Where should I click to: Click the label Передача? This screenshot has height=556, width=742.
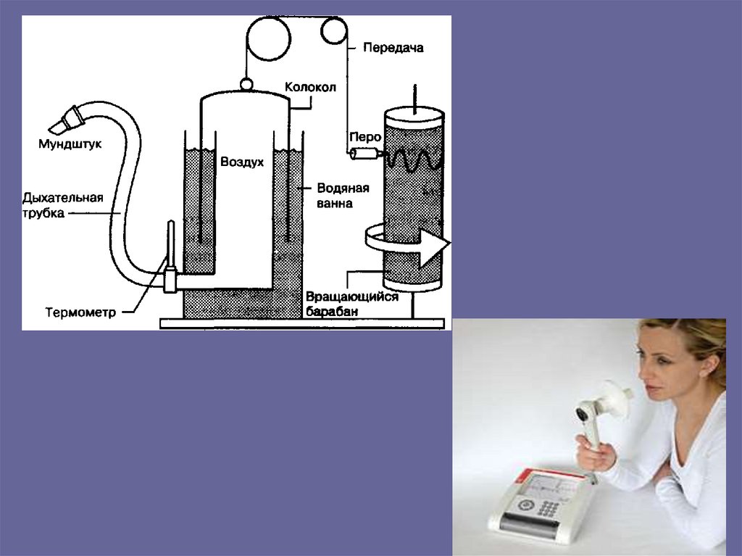click(393, 47)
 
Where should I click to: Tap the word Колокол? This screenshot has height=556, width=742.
click(310, 87)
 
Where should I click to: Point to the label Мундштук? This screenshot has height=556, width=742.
click(70, 144)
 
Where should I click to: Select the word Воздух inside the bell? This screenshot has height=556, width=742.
click(242, 162)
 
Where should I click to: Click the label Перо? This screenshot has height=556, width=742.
click(365, 137)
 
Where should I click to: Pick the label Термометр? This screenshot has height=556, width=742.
click(80, 312)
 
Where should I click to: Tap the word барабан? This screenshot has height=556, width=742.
click(332, 311)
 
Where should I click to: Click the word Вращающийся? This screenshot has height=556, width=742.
click(352, 297)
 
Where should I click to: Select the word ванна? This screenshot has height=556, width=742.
click(335, 204)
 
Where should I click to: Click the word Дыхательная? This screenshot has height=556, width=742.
click(63, 197)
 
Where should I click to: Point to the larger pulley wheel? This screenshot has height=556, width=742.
click(268, 38)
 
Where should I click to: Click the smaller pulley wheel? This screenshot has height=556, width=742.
click(333, 30)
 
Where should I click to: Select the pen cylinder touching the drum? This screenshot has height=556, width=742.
click(365, 154)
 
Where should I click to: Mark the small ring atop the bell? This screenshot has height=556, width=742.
click(246, 85)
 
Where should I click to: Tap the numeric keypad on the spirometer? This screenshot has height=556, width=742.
click(548, 508)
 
